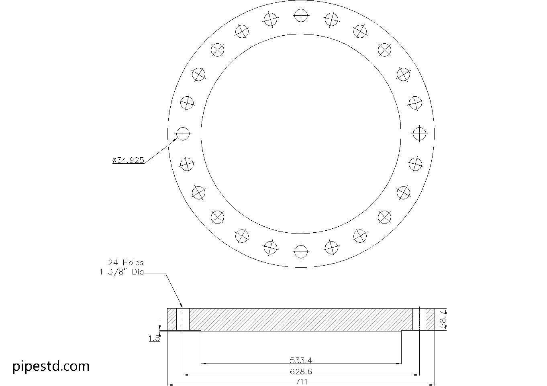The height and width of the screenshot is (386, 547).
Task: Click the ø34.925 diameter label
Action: tap(128, 160)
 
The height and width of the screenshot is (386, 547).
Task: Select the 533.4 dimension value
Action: tap(301, 360)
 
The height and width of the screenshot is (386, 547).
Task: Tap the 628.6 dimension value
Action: tap(301, 371)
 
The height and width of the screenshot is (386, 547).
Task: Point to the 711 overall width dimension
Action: tap(301, 382)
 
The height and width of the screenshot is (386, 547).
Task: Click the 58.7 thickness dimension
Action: tap(443, 319)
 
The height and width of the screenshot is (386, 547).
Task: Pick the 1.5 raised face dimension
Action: tap(154, 339)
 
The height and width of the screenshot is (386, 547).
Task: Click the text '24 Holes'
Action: tap(126, 262)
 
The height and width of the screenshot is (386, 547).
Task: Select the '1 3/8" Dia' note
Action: tap(121, 272)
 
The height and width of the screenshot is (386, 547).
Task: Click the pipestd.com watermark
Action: tap(51, 366)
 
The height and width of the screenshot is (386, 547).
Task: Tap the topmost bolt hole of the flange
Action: tap(301, 16)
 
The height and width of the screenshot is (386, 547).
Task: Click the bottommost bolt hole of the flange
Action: tap(301, 252)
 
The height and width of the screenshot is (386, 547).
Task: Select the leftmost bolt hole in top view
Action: tap(183, 133)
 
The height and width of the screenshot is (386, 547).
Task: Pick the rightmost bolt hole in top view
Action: tap(419, 133)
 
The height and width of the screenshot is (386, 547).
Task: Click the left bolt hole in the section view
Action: tap(186, 319)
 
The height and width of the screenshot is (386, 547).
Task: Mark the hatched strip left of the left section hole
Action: tap(172, 319)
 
